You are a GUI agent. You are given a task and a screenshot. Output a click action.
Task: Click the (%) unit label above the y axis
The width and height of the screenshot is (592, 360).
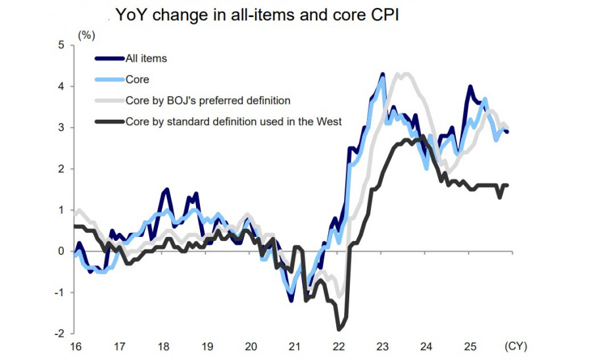click(x=87, y=35)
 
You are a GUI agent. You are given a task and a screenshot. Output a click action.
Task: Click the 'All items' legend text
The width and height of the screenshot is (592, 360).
click(x=146, y=59)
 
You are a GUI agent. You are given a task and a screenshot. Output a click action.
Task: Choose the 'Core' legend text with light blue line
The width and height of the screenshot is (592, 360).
click(x=137, y=80)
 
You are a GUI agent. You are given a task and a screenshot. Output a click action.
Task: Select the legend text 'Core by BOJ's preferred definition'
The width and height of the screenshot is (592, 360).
click(x=208, y=101)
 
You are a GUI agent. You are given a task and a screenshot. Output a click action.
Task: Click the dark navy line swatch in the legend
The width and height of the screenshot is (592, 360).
click(x=109, y=59)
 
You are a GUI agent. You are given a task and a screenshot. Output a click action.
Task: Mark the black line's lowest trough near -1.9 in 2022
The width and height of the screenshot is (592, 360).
click(x=339, y=328)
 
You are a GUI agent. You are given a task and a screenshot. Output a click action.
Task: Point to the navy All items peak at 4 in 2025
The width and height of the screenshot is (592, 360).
click(x=470, y=87)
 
